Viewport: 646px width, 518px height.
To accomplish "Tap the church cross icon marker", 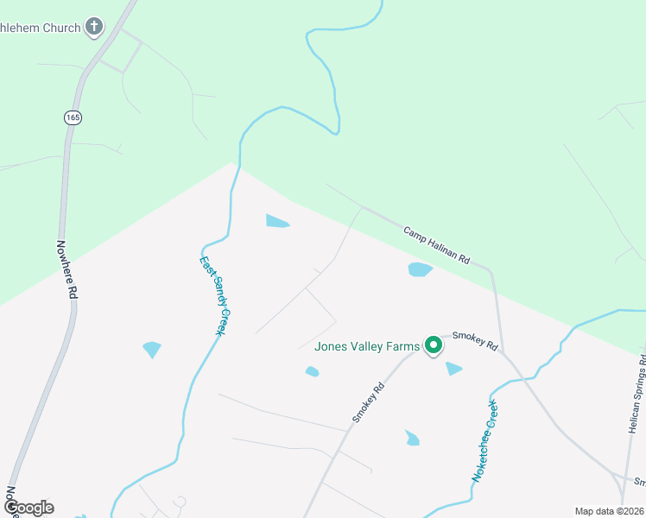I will tap(94, 27).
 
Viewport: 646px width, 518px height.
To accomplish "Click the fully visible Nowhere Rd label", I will tap(67, 270).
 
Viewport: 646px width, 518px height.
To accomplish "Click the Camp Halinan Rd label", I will tap(436, 246).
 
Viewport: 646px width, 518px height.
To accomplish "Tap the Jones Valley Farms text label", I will tap(367, 347).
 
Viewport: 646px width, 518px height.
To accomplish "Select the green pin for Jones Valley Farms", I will tap(434, 345).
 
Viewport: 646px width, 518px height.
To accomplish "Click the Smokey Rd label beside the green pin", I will tap(475, 340).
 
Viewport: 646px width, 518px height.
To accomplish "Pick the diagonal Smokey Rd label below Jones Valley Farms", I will tap(367, 402).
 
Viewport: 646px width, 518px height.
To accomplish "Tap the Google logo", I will tap(28, 508).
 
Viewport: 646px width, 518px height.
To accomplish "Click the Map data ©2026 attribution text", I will tap(609, 511).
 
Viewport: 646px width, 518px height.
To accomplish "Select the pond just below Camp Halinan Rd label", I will tap(420, 269).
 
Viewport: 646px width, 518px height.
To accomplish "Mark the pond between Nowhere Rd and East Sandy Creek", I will tap(152, 349).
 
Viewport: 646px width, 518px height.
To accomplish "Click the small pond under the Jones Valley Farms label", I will tap(312, 371).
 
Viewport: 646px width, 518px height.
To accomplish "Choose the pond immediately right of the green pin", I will tap(453, 369).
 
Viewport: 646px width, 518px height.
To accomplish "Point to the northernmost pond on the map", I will tap(277, 221).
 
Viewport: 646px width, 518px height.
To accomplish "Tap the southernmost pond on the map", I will tap(412, 438).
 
